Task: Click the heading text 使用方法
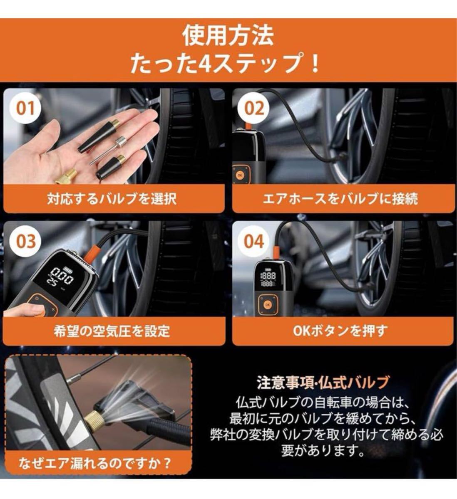pyautogui.click(x=228, y=36)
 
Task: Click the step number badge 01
pyautogui.click(x=25, y=109)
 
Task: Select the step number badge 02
pyautogui.click(x=253, y=109)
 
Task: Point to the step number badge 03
pyautogui.click(x=25, y=241)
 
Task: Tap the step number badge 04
pyautogui.click(x=253, y=241)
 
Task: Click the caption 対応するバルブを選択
pyautogui.click(x=112, y=199)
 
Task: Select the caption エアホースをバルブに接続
pyautogui.click(x=340, y=199)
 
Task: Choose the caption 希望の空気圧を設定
pyautogui.click(x=112, y=331)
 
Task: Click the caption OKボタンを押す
pyautogui.click(x=340, y=331)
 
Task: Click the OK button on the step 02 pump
pyautogui.click(x=240, y=175)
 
